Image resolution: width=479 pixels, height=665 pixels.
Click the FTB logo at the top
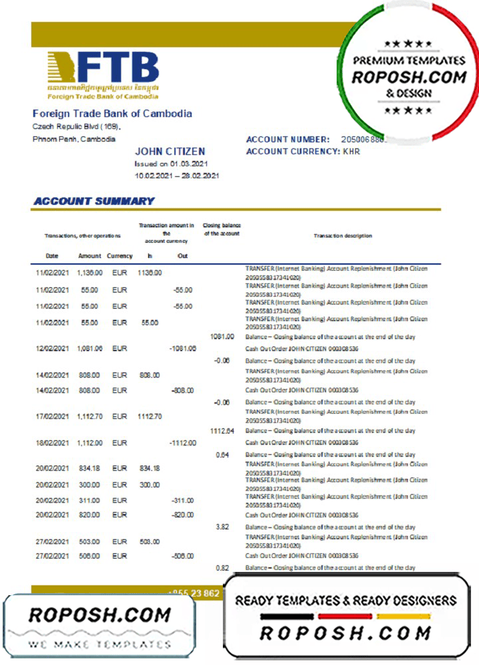point(102,74)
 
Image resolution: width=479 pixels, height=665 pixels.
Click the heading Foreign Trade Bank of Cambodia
point(112,113)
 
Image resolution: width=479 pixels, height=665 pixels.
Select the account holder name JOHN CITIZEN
point(170,152)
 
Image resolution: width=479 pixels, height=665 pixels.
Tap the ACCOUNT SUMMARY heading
point(94,201)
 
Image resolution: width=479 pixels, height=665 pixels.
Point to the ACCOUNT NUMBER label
point(287,140)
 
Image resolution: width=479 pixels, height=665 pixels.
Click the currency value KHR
point(351,152)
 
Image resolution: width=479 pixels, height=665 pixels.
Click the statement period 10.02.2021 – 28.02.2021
point(177,176)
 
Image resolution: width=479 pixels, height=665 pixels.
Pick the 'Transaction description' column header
point(343,235)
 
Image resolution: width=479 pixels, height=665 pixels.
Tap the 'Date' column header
point(52,255)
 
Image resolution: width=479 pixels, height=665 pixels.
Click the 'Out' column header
point(182,255)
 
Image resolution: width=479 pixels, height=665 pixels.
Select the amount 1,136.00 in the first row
point(88,273)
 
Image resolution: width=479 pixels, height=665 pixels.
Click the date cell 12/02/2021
point(53,348)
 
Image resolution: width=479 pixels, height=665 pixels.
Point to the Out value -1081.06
point(182,348)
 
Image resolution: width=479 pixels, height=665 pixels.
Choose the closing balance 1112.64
point(222,431)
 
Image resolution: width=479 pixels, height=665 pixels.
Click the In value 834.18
point(150,469)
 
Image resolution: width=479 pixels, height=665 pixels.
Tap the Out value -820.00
point(182,515)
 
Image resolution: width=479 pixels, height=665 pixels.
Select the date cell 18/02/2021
point(53,443)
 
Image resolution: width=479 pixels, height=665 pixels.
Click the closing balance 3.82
point(223,527)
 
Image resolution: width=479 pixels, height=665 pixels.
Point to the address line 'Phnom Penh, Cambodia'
point(74,139)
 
